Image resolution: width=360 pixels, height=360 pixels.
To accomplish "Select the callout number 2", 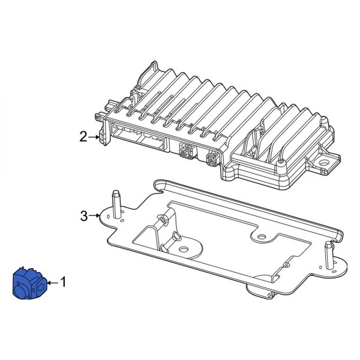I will coord(83,137).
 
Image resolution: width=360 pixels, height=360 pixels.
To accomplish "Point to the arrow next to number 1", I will coord(53,281).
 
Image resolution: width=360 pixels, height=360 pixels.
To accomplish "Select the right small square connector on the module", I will coord(211,160).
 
